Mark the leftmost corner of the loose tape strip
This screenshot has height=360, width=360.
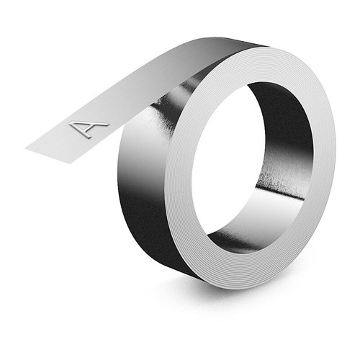click(27, 148)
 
